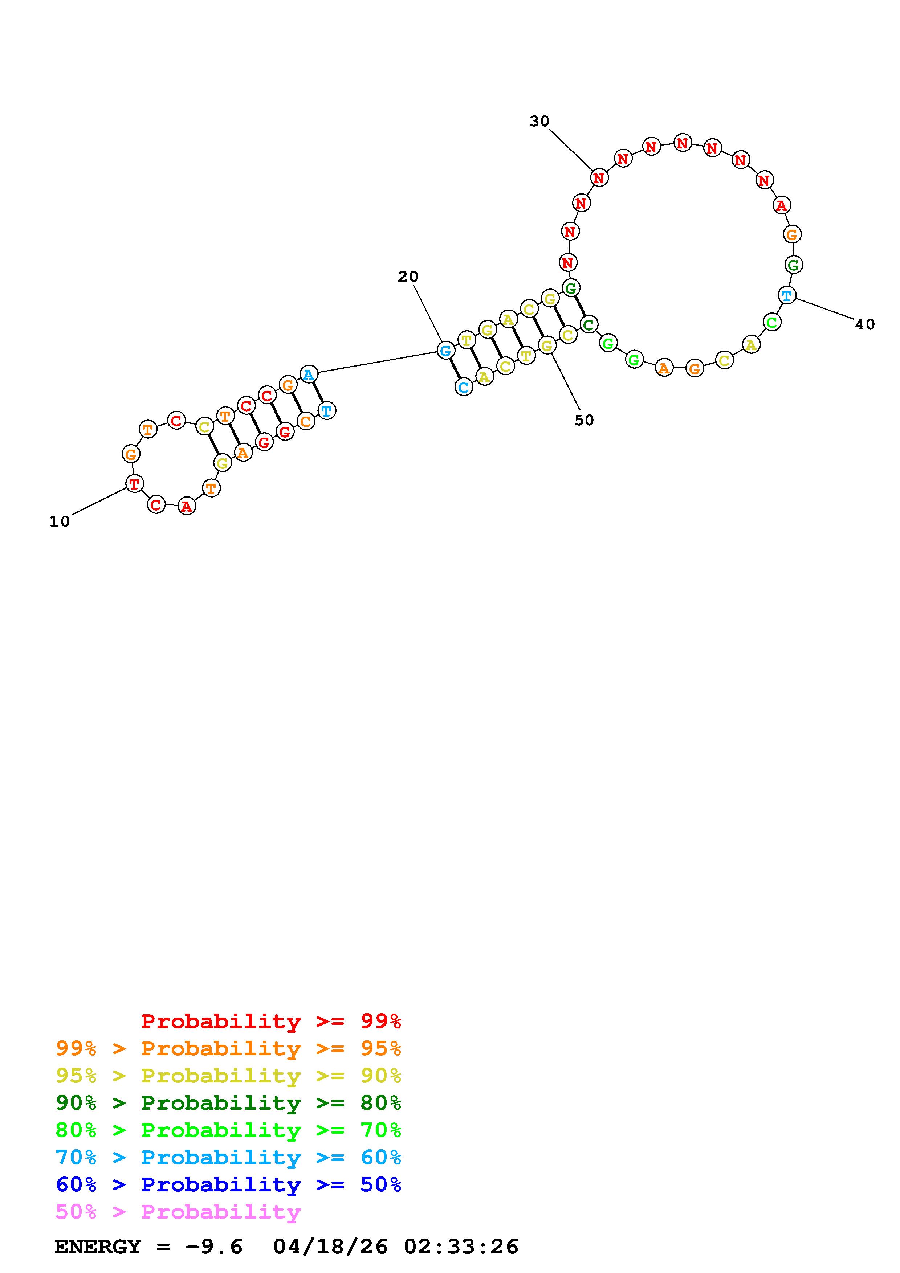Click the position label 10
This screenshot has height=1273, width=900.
[60, 522]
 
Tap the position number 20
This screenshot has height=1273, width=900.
[408, 276]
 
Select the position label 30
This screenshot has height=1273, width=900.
[539, 122]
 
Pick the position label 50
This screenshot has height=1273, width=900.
[584, 420]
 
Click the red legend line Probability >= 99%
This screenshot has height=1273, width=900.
[271, 1021]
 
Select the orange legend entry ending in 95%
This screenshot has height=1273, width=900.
[228, 1048]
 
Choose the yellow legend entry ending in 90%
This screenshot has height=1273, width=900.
[228, 1075]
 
